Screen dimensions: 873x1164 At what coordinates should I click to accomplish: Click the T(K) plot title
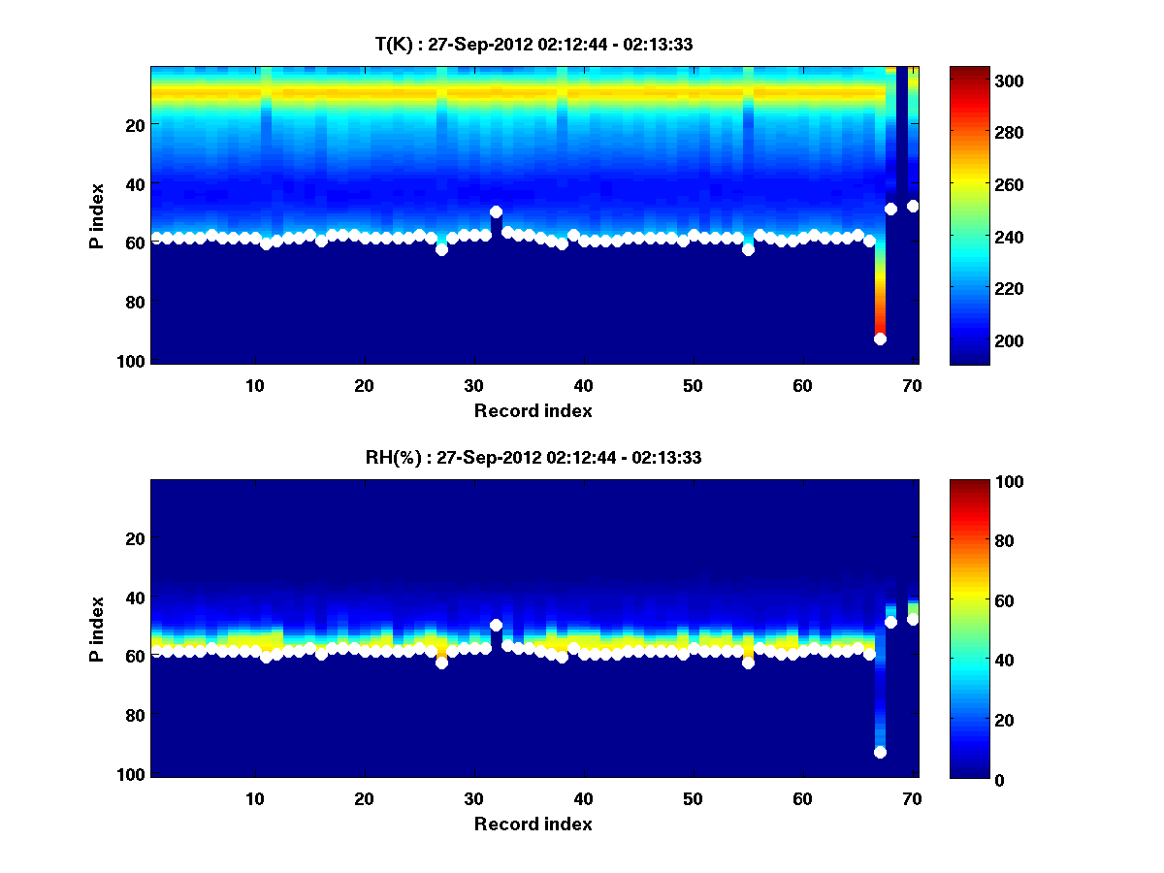coord(533,44)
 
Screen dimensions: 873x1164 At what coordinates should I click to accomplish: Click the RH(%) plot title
coord(533,458)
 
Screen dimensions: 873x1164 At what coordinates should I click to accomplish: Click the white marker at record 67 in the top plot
coord(880,339)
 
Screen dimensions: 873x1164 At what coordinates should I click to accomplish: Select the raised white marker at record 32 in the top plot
coord(496,211)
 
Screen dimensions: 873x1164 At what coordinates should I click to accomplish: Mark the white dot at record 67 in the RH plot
coord(880,752)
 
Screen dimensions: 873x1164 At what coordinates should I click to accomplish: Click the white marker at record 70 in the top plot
coord(913,206)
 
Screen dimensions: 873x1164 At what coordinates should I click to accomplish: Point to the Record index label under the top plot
coord(533,410)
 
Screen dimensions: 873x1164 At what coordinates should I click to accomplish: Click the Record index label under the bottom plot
coord(533,824)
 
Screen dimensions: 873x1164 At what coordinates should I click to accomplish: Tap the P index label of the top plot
coord(96,215)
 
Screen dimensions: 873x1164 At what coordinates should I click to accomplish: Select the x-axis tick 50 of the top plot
coord(693,385)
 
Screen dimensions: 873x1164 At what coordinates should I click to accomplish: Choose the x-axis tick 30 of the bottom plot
coord(473,798)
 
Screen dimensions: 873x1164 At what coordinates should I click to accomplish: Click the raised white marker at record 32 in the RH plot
coord(496,626)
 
